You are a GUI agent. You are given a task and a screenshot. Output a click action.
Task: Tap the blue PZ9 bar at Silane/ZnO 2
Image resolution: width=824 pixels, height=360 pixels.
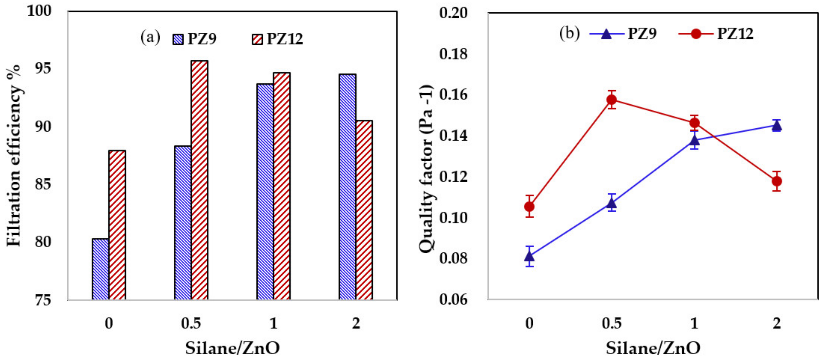(347, 187)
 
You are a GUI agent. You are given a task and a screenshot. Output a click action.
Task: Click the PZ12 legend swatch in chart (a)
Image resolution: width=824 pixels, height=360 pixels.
(257, 39)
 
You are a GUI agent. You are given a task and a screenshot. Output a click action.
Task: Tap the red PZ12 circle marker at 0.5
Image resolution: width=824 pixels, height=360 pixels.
(611, 99)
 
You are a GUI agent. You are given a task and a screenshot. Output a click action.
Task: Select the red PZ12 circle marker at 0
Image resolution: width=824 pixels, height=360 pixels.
(529, 207)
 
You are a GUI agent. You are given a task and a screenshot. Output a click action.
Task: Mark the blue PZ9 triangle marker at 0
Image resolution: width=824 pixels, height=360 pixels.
(529, 256)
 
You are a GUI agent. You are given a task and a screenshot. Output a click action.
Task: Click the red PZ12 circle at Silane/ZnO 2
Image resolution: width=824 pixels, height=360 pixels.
(777, 181)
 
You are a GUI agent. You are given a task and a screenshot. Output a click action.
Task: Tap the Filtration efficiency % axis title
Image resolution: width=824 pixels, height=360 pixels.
(13, 155)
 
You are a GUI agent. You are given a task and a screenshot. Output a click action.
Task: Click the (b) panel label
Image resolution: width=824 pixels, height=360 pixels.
(569, 33)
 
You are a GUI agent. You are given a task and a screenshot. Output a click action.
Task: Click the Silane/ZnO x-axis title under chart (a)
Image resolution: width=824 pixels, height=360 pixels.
(232, 348)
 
